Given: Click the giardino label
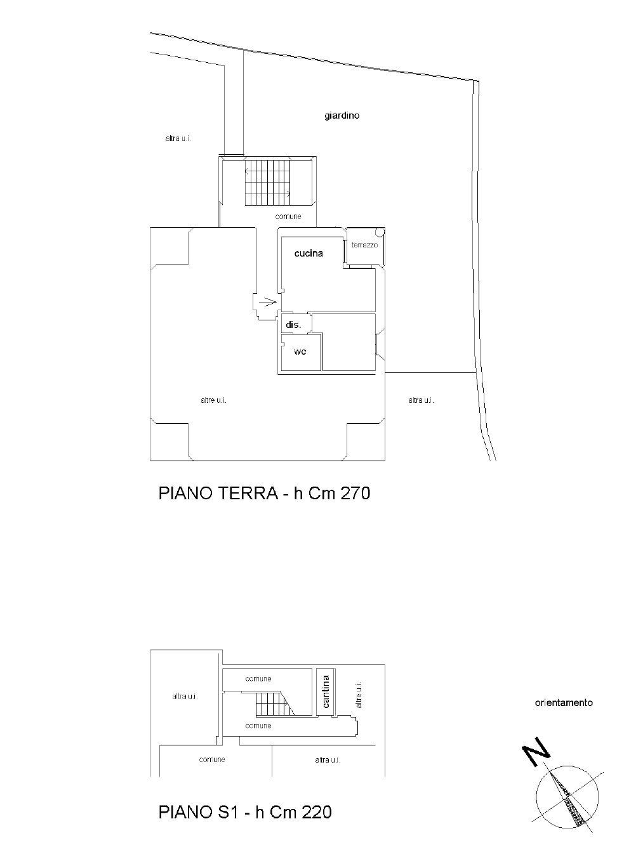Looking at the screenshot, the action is click(342, 115).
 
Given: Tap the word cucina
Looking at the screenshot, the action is click(309, 254).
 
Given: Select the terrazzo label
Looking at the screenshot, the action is click(364, 245).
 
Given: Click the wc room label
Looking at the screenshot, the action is click(300, 351).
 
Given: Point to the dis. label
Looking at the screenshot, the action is click(293, 325).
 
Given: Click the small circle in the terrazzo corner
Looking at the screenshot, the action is click(380, 232).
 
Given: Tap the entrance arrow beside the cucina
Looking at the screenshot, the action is click(268, 303).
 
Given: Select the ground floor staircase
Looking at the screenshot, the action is click(268, 183).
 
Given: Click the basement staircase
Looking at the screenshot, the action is click(275, 704).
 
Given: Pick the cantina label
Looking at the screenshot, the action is click(326, 691).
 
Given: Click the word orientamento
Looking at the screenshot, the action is click(564, 702).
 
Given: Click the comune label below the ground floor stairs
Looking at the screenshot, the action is click(288, 217).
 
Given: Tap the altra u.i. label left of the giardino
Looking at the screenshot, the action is click(178, 138).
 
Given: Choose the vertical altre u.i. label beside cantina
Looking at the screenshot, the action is click(359, 695).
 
